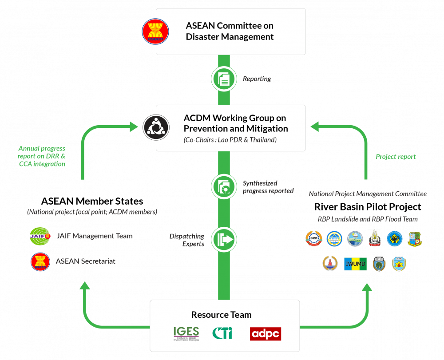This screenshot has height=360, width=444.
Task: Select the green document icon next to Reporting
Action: coord(224,79)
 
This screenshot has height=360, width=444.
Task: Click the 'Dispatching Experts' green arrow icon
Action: coord(224,239)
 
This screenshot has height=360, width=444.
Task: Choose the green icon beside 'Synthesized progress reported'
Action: coord(224,186)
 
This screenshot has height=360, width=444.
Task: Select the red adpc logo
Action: coord(266,333)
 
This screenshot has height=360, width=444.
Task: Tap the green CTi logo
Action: coord(222,333)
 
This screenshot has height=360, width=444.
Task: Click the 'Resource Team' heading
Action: coord(221,315)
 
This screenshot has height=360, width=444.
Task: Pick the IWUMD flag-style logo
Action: coord(355,264)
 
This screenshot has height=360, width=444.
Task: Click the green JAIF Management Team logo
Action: coord(40,235)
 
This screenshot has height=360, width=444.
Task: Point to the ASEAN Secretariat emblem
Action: coord(40,261)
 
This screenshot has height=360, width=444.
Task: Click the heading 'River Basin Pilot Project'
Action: coord(367,207)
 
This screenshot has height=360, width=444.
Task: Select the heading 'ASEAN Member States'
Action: coord(92,201)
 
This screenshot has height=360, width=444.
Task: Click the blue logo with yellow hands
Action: coord(394,238)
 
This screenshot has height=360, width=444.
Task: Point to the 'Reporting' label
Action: coord(257,79)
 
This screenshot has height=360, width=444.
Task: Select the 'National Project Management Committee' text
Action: coord(368,194)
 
